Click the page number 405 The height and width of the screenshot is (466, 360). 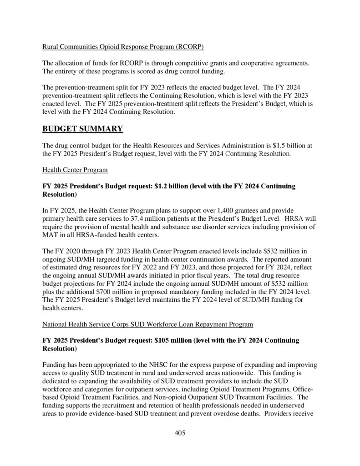[180, 433]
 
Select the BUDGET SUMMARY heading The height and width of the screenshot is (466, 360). [82, 129]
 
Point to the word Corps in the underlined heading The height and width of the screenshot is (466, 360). [113, 324]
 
